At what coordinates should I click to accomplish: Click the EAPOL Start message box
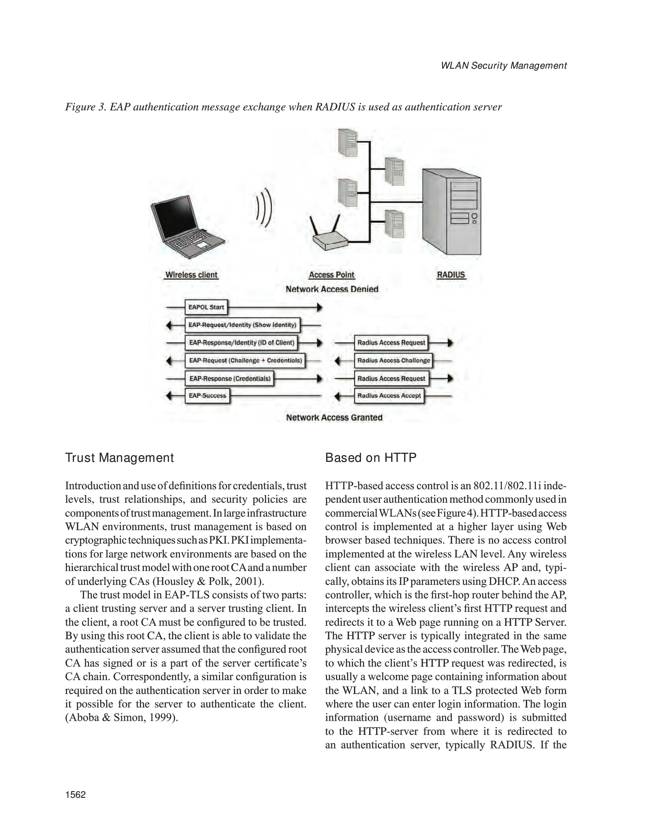coord(206,307)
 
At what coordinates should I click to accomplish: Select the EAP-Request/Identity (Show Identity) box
coord(243,325)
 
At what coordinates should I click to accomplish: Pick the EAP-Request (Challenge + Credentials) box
coord(245,360)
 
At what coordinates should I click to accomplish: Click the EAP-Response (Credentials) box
coord(230,378)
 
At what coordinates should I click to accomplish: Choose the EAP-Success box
coord(207,396)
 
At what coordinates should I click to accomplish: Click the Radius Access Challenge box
coord(394,360)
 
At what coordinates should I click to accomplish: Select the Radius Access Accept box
coord(389,396)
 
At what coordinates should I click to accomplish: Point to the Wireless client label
coord(191,275)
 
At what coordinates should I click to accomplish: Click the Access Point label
coord(332,275)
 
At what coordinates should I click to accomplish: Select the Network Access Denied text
coord(332,289)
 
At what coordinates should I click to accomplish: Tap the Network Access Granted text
coord(334,417)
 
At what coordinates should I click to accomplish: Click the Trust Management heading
coord(120,458)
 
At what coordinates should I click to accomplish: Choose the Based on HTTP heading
coord(371,458)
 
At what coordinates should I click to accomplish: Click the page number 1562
coord(76,794)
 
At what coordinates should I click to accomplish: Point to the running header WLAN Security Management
coord(504,65)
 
